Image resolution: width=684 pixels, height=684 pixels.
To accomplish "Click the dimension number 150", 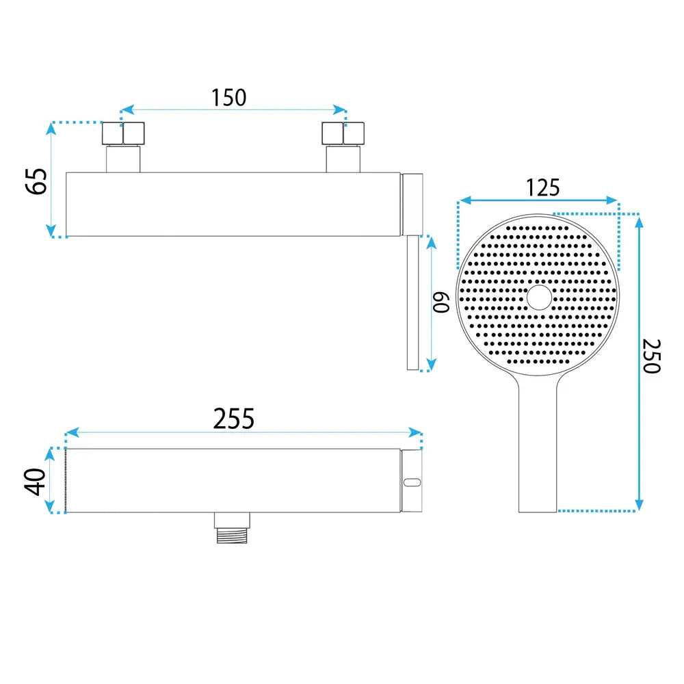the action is coord(228,97).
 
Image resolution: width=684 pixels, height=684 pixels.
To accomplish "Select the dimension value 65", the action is coord(36,181).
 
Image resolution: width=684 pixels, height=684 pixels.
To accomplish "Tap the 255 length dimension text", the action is coord(233,419).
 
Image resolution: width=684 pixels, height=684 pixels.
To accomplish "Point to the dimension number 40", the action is coord(35,482).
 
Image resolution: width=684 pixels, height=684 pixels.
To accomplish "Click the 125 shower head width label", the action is coord(542,187).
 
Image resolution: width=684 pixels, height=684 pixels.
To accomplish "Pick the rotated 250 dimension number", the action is coord(652,356).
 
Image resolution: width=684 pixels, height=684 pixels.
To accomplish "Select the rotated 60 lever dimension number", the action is coord(440,302).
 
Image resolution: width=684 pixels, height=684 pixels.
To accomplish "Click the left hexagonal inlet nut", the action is coord(123,133).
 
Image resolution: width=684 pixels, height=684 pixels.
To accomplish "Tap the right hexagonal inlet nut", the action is coord(343,133).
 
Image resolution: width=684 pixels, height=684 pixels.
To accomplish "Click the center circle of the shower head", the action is coord(539,298).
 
